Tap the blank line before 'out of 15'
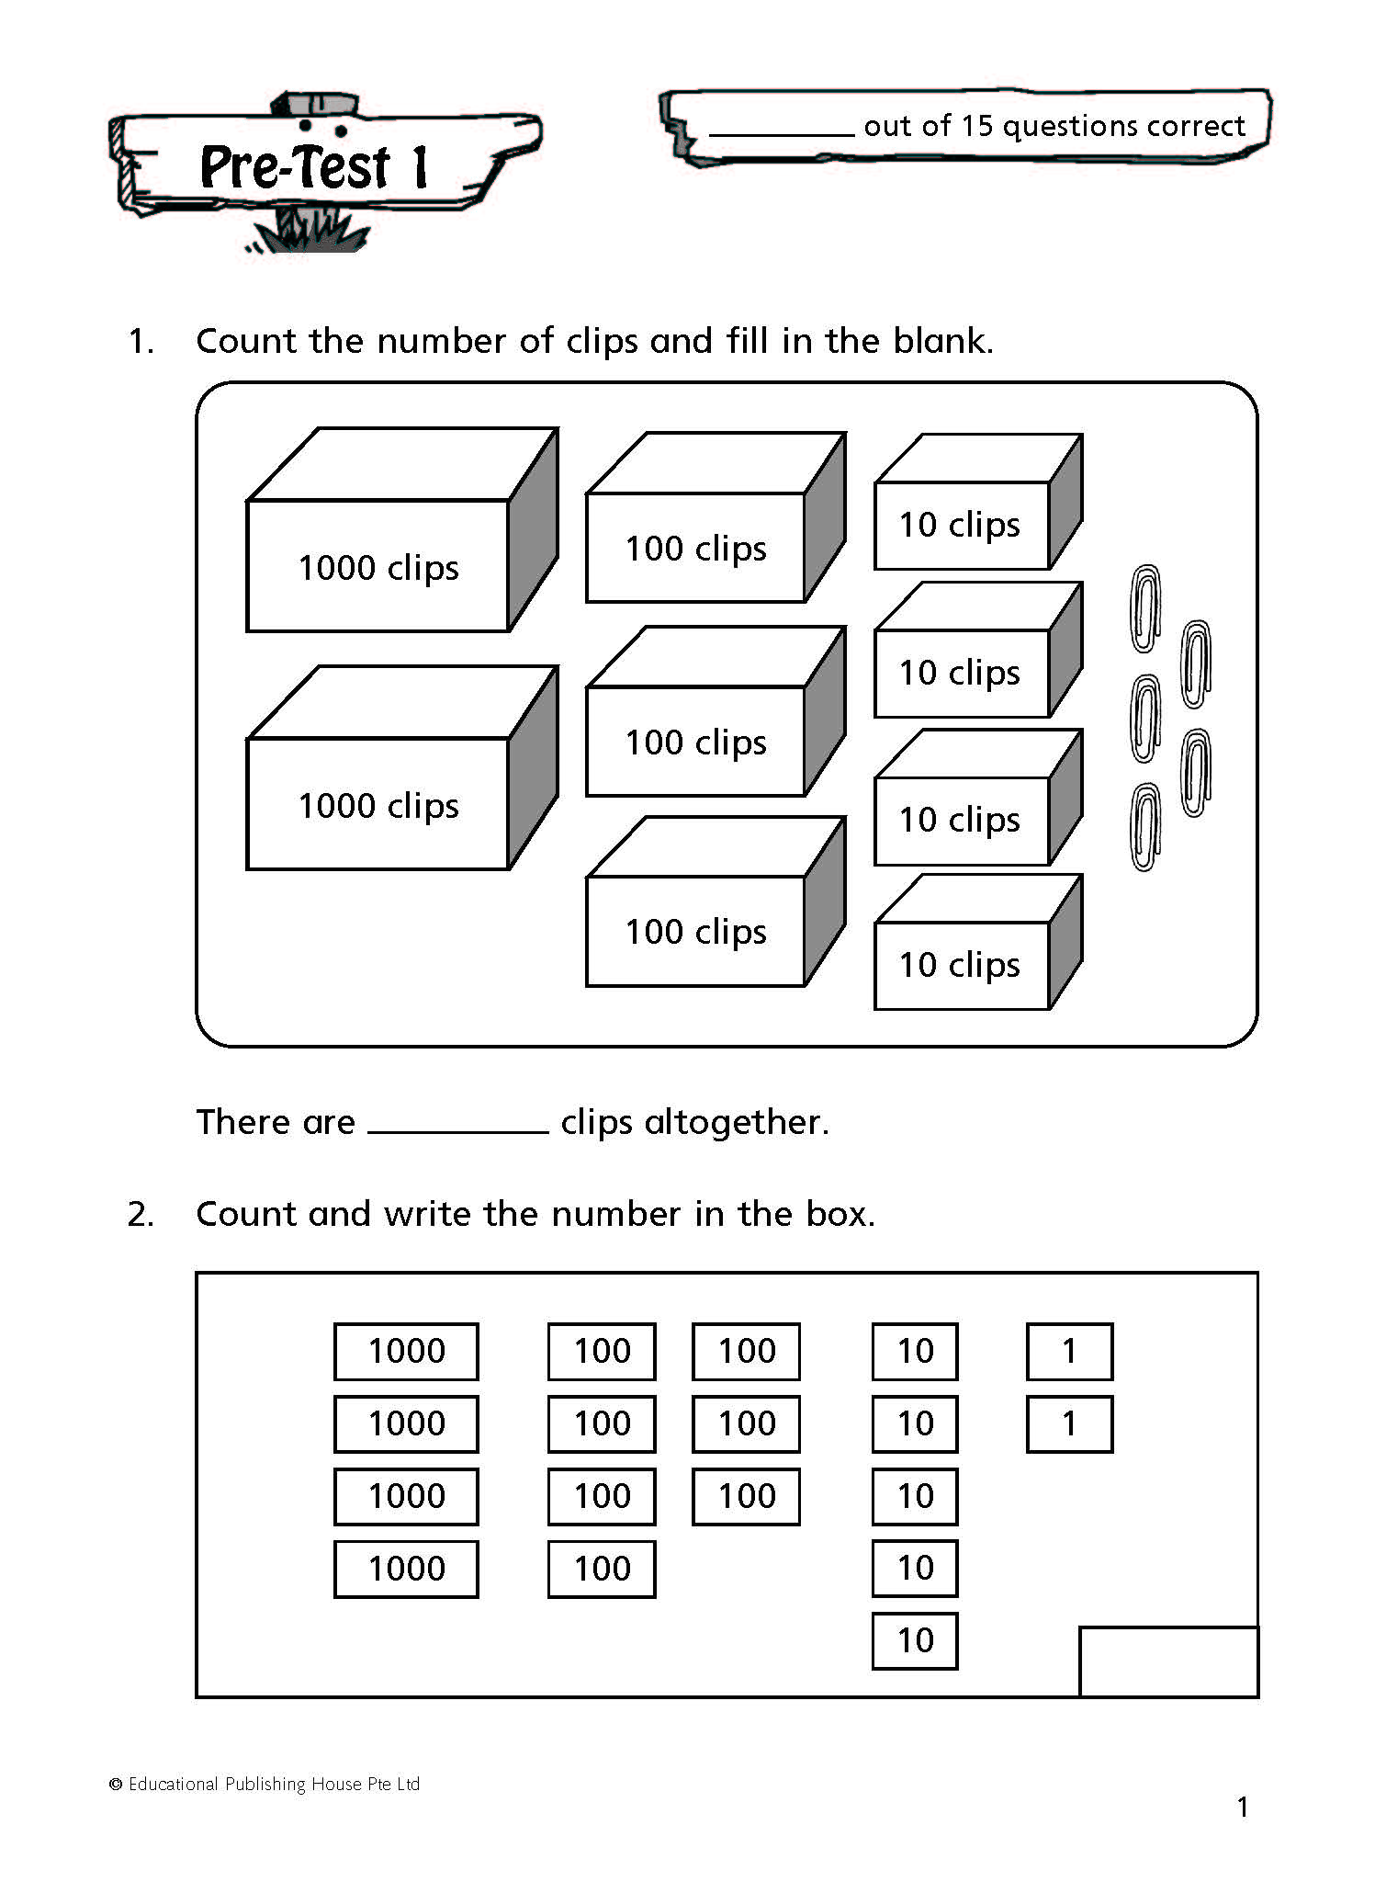781,129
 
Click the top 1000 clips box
378,565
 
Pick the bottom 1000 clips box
378,803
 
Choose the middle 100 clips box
695,741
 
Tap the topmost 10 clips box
961,525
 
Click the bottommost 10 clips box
961,965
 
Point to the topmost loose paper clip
1144,608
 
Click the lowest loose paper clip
1144,827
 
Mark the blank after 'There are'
457,1123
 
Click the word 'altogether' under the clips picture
731,1122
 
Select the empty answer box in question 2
1168,1661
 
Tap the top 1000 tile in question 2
406,1351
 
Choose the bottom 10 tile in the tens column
915,1640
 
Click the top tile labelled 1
1069,1351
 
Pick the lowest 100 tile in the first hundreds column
602,1569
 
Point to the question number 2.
140,1215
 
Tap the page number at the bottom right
1243,1808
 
